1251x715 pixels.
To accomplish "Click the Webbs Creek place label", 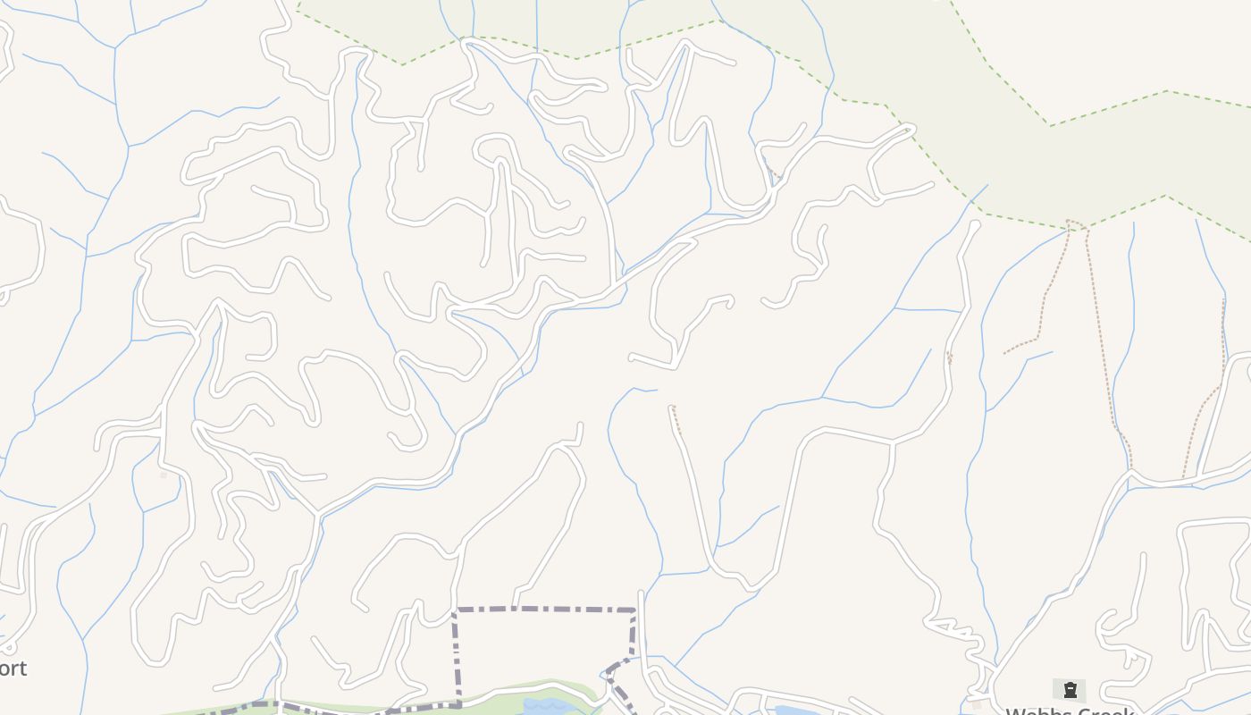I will pos(1070,711).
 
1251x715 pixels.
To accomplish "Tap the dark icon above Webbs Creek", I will pos(1070,689).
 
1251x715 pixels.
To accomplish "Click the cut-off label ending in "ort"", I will pos(13,668).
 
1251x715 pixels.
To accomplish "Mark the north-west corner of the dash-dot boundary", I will pos(456,610).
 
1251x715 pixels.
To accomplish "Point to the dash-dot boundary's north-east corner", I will pos(634,610).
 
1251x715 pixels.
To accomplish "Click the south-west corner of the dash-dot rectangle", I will pos(458,705).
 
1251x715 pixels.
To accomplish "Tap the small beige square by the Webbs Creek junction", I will pos(976,704).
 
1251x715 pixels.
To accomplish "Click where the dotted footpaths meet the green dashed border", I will pos(1077,224).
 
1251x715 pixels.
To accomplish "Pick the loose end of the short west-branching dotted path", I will pos(1005,353).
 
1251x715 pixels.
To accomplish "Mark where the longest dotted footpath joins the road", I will pos(1130,467).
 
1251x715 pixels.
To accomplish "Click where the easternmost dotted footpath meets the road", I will pos(1185,477).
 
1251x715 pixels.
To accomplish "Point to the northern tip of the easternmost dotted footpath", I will pos(1223,301).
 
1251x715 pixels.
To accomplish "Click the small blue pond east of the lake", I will pos(790,711).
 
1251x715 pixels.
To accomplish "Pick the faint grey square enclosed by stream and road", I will pos(164,474).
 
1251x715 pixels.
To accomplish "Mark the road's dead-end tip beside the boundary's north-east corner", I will pos(641,593).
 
